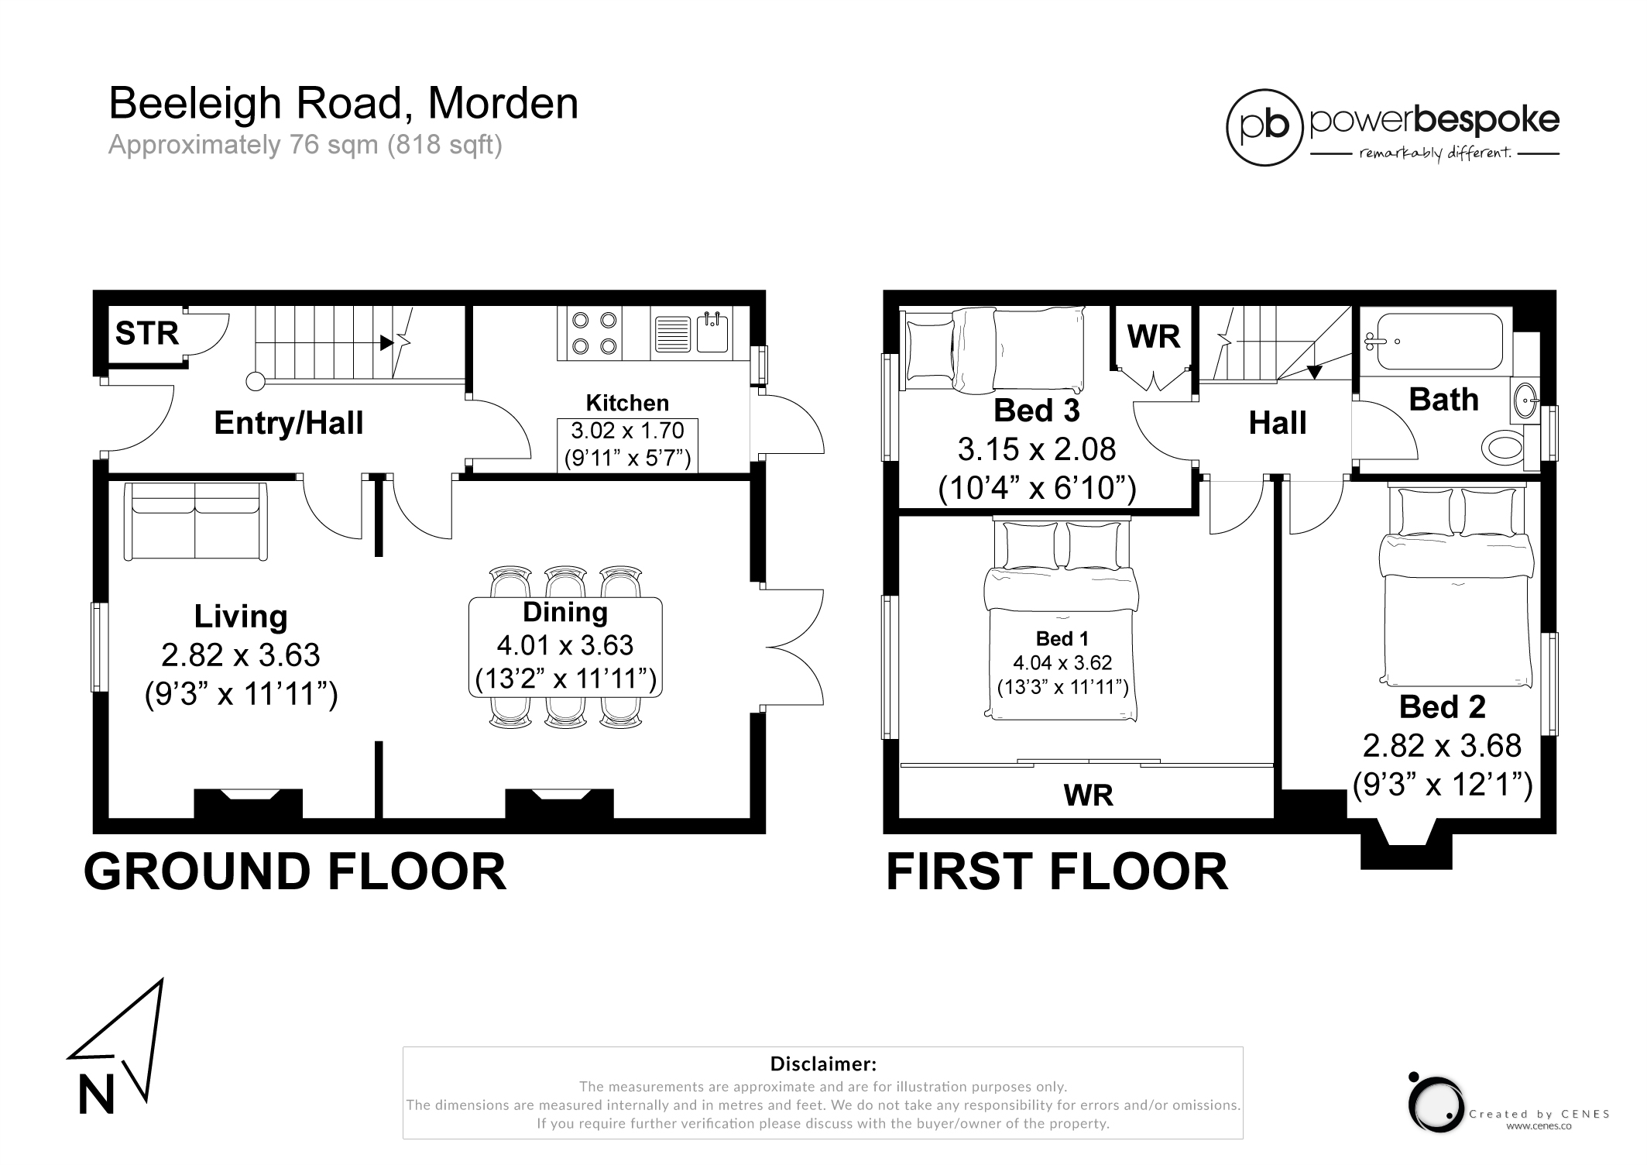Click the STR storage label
click(147, 334)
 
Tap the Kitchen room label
click(627, 403)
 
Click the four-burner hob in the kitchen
click(594, 333)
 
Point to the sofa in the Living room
click(196, 521)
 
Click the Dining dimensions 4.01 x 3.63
click(565, 645)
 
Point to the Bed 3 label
click(1036, 411)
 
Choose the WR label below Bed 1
click(1088, 796)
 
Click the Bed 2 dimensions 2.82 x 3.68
click(1442, 746)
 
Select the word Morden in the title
click(503, 104)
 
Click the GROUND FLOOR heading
click(295, 872)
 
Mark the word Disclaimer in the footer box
click(823, 1064)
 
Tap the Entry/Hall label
click(289, 423)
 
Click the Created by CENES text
click(1539, 1114)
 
